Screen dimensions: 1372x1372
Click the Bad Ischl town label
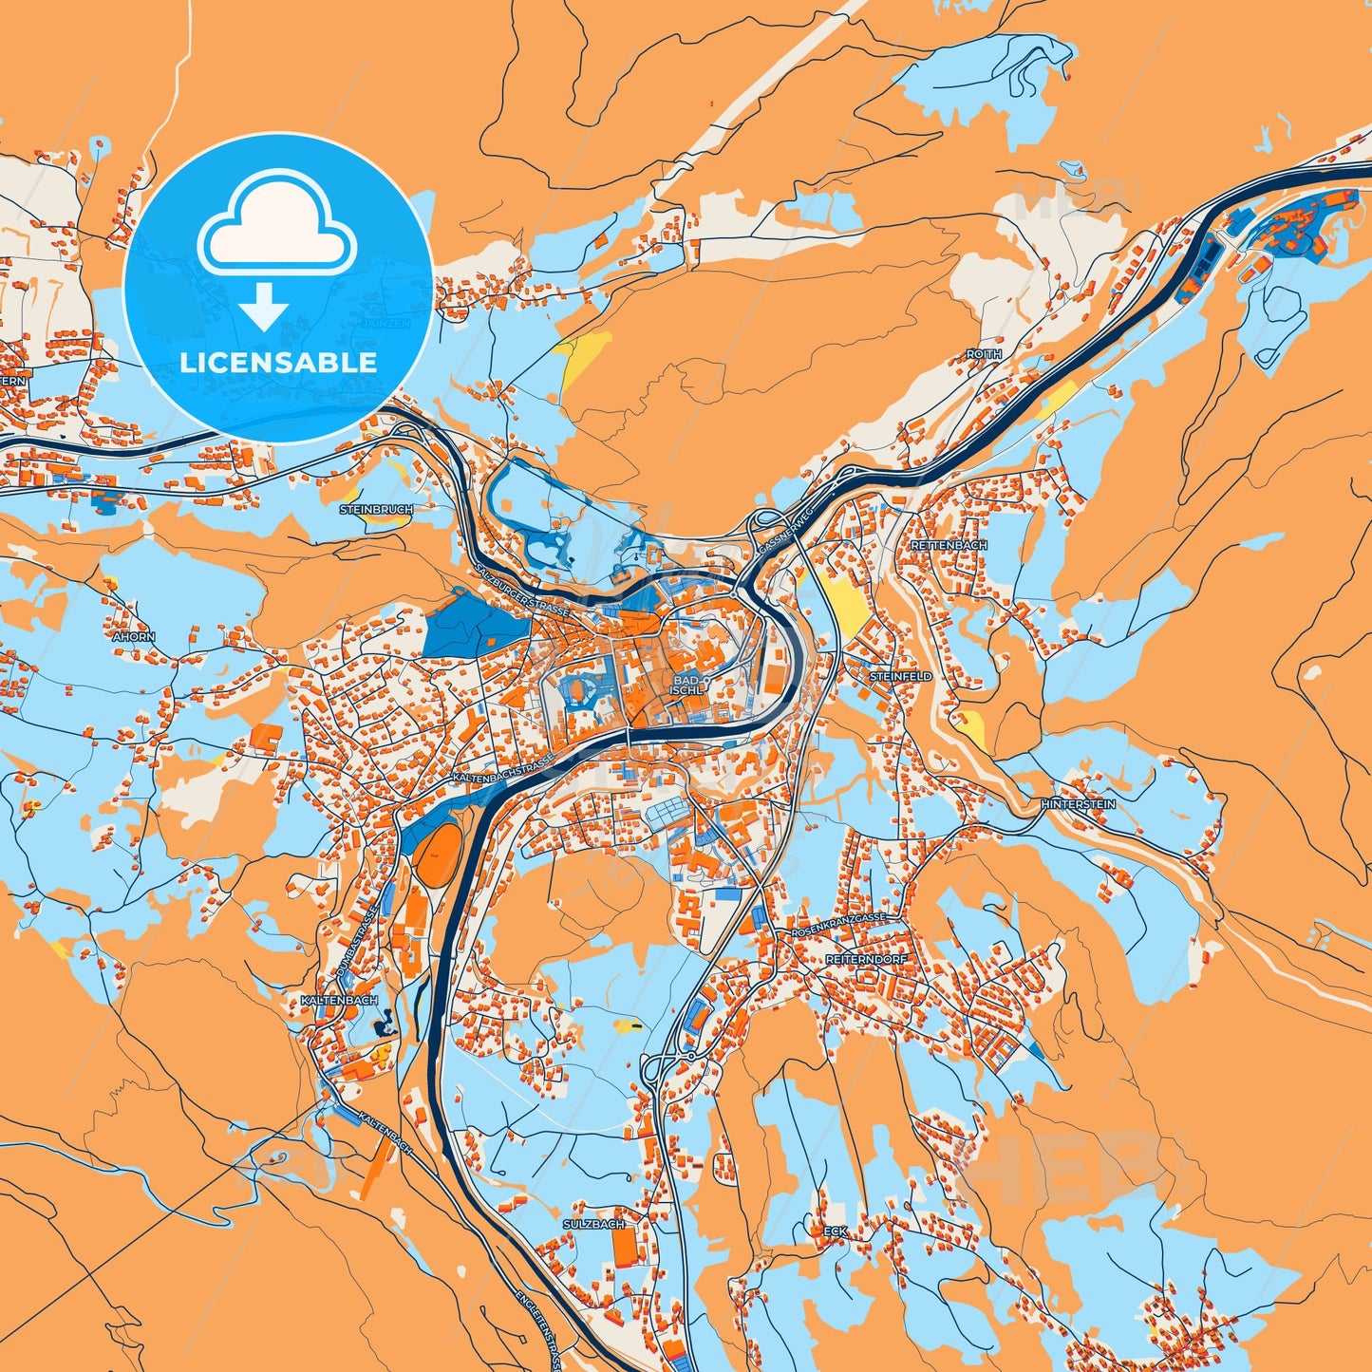686,686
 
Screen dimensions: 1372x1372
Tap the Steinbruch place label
376,510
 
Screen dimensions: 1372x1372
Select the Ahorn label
134,637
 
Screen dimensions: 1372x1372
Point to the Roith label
984,354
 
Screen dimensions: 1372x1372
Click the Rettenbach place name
949,546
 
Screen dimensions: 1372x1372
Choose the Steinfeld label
901,677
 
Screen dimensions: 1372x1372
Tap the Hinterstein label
1078,804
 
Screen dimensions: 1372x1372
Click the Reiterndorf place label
866,960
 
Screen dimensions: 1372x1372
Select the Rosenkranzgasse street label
838,926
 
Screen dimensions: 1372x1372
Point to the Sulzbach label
594,1225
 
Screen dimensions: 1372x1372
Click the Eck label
836,1231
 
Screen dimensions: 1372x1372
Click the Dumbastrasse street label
357,943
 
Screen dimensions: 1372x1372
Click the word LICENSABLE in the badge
278,362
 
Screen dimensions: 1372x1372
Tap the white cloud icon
276,224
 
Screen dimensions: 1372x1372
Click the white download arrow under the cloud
265,306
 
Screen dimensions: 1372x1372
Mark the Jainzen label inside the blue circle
385,323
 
